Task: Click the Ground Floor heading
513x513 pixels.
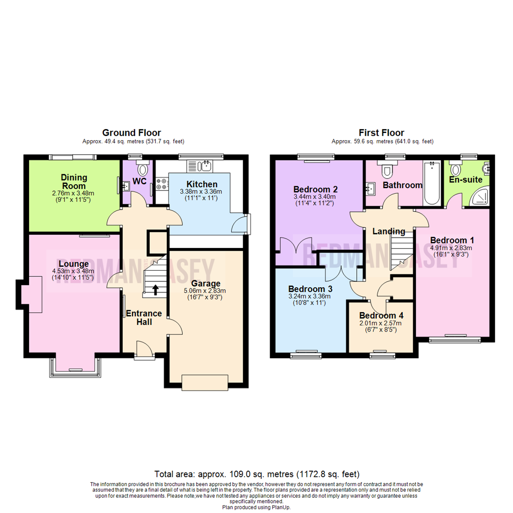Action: (132, 133)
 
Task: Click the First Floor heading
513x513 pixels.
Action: (382, 133)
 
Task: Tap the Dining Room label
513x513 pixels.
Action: (74, 181)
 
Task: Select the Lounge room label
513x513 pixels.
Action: (74, 264)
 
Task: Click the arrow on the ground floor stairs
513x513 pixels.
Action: (155, 289)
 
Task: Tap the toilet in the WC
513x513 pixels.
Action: (142, 170)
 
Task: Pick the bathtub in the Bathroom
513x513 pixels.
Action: (432, 183)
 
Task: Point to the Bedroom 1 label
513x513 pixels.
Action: (452, 240)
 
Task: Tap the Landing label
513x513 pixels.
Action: (389, 231)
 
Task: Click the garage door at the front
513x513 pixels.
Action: (205, 382)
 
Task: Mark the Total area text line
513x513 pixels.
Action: (256, 474)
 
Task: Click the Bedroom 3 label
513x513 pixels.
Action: (310, 289)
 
